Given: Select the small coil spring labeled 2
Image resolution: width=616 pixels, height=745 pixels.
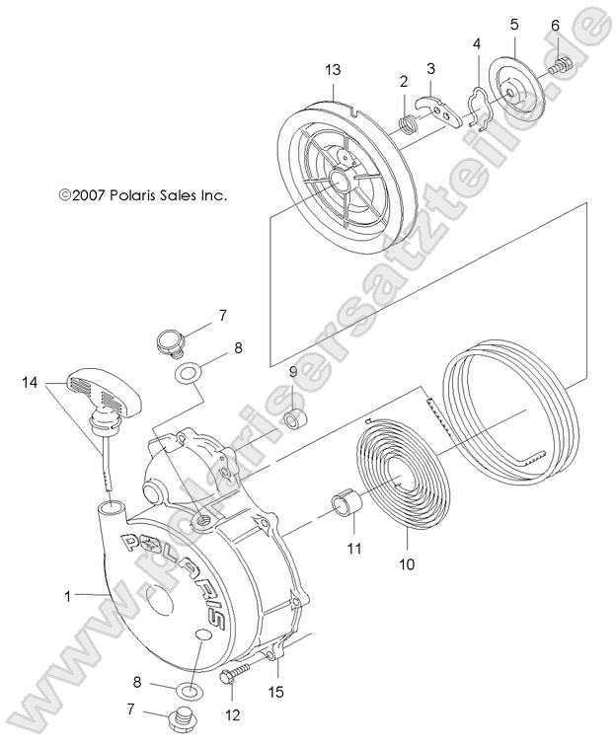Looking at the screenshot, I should [x=407, y=123].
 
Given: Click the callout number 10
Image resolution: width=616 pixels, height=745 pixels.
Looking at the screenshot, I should [x=407, y=565].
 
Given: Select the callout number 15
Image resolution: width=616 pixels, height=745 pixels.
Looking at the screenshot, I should [x=277, y=693].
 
